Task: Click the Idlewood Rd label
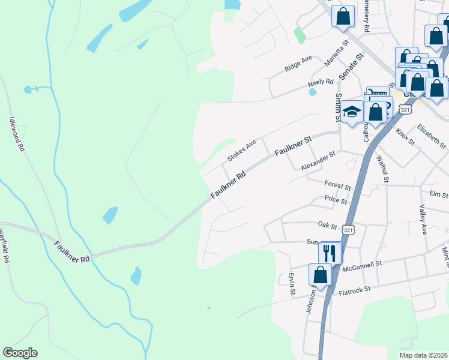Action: tap(16, 134)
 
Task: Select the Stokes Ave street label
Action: tap(241, 150)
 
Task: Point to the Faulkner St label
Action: tap(294, 146)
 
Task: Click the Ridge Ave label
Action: tap(298, 64)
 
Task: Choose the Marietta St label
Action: tap(336, 53)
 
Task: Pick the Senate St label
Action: tap(351, 67)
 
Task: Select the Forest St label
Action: tap(337, 185)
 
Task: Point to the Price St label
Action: tap(336, 199)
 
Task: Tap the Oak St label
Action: tap(327, 224)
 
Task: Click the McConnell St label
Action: tap(362, 265)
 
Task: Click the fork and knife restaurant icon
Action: tap(329, 252)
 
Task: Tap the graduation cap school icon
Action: tap(352, 112)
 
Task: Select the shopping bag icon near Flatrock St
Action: tap(320, 275)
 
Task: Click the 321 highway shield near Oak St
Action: tap(349, 230)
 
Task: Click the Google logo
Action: tap(20, 353)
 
